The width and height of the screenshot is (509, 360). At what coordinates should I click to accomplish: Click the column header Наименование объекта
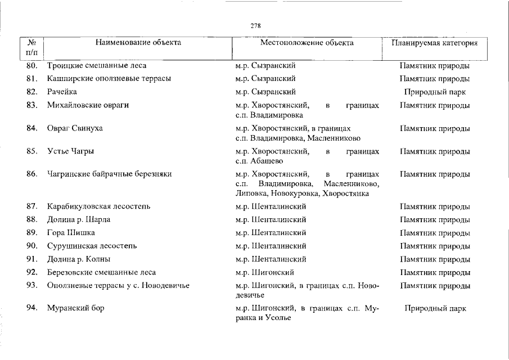[x=138, y=43]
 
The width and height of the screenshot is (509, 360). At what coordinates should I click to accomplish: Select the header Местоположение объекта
[x=307, y=43]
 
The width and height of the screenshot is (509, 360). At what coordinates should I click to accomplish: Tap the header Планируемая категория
[x=435, y=43]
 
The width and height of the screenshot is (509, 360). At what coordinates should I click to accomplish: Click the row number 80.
[x=32, y=65]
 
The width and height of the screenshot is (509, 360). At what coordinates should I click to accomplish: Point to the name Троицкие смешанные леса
[x=97, y=65]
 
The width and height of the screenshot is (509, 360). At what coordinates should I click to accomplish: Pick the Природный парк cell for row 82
[x=435, y=92]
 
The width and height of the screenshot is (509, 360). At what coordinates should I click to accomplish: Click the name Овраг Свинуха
[x=75, y=128]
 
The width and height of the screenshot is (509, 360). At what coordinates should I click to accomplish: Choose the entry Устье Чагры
[x=71, y=151]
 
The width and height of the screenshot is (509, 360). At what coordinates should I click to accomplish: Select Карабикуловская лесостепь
[x=98, y=206]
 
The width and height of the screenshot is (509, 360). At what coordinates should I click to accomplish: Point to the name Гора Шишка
[x=71, y=233]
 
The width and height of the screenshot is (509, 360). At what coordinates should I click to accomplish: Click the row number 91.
[x=32, y=259]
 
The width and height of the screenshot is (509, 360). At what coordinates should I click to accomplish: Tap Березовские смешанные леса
[x=101, y=273]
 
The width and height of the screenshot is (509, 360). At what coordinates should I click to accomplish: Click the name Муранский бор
[x=76, y=308]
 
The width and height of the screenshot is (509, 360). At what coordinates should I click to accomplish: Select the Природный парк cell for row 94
[x=435, y=309]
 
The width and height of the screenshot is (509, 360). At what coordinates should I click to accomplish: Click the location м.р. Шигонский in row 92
[x=267, y=273]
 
